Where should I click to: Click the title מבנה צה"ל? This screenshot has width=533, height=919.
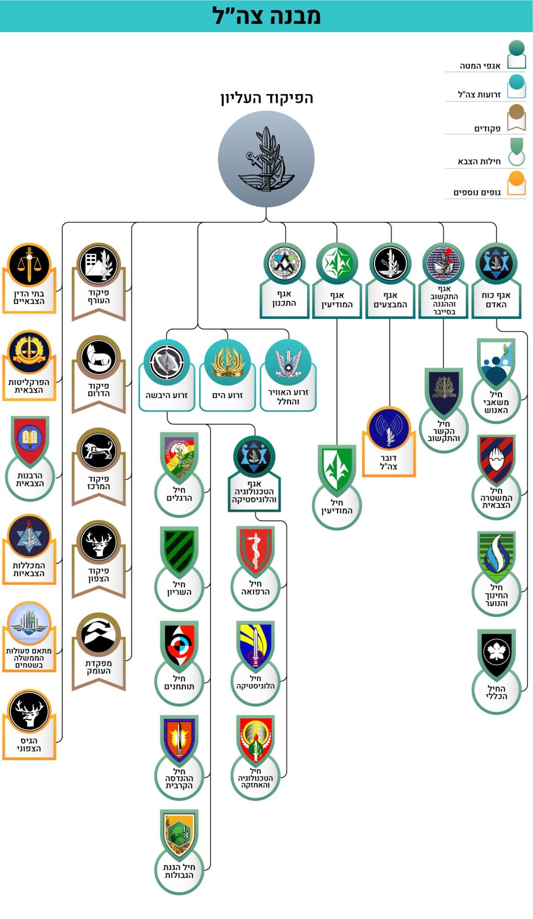point(266,16)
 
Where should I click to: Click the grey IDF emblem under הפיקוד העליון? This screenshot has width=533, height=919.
point(266,159)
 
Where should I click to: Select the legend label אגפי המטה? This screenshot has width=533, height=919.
point(480,66)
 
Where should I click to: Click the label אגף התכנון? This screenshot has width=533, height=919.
point(284,299)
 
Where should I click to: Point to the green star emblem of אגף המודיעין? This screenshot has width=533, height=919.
point(337,263)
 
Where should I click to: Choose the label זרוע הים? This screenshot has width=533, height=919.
point(228,395)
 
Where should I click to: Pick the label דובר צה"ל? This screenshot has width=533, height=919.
point(389,462)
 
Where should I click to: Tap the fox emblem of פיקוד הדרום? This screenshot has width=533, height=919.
point(99,357)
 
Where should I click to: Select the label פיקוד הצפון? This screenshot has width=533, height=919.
point(99,575)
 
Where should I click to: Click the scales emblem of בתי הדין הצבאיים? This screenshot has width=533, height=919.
point(29,265)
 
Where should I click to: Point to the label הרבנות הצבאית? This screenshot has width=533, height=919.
point(30,480)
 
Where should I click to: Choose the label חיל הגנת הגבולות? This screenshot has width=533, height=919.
point(179,871)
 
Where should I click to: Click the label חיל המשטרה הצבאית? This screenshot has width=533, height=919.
point(496,498)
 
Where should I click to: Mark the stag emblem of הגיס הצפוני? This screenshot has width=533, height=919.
point(29,711)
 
